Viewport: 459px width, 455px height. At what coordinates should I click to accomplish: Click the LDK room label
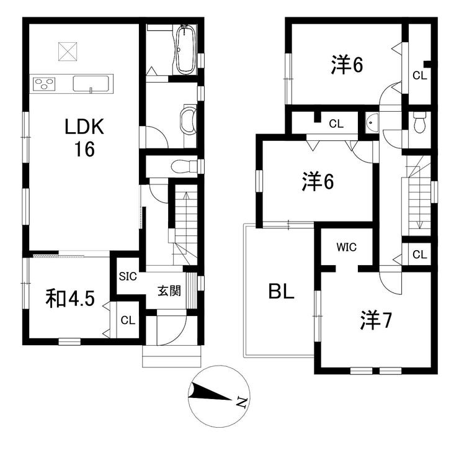click(84, 138)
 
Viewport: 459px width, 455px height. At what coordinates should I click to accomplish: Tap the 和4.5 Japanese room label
click(70, 299)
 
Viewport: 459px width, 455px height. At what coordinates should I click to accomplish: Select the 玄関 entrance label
click(169, 291)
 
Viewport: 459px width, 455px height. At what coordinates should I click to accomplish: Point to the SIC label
click(128, 276)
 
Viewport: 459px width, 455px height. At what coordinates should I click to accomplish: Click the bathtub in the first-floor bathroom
click(185, 50)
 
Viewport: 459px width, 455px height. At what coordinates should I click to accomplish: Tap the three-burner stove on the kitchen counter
click(44, 84)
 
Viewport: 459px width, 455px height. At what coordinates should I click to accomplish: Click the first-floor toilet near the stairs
click(184, 167)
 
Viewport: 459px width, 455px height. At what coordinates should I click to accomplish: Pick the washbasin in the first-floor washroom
click(188, 120)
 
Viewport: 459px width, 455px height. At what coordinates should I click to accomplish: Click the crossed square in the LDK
click(68, 52)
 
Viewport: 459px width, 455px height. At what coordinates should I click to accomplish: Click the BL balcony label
click(282, 292)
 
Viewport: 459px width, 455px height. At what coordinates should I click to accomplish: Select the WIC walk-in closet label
click(347, 247)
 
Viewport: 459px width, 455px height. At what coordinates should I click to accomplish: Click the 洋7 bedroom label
click(376, 320)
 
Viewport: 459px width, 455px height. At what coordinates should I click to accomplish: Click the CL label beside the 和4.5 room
click(128, 320)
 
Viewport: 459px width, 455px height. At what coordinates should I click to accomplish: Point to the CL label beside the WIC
click(419, 255)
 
